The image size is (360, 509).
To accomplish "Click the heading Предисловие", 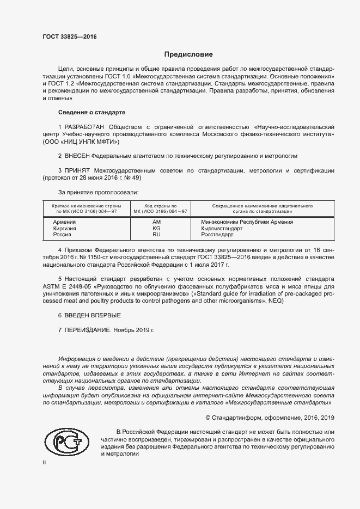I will [188, 54].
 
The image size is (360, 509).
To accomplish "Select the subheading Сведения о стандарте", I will [91, 112].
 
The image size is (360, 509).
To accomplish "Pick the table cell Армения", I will [64, 222].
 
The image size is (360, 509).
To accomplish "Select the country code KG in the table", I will [156, 229].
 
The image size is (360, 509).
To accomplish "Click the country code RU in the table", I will [156, 235].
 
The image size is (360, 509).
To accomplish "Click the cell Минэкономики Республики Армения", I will [247, 222].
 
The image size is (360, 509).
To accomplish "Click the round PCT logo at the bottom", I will [66, 443].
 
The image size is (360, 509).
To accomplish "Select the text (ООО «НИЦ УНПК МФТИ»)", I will [80, 141].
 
